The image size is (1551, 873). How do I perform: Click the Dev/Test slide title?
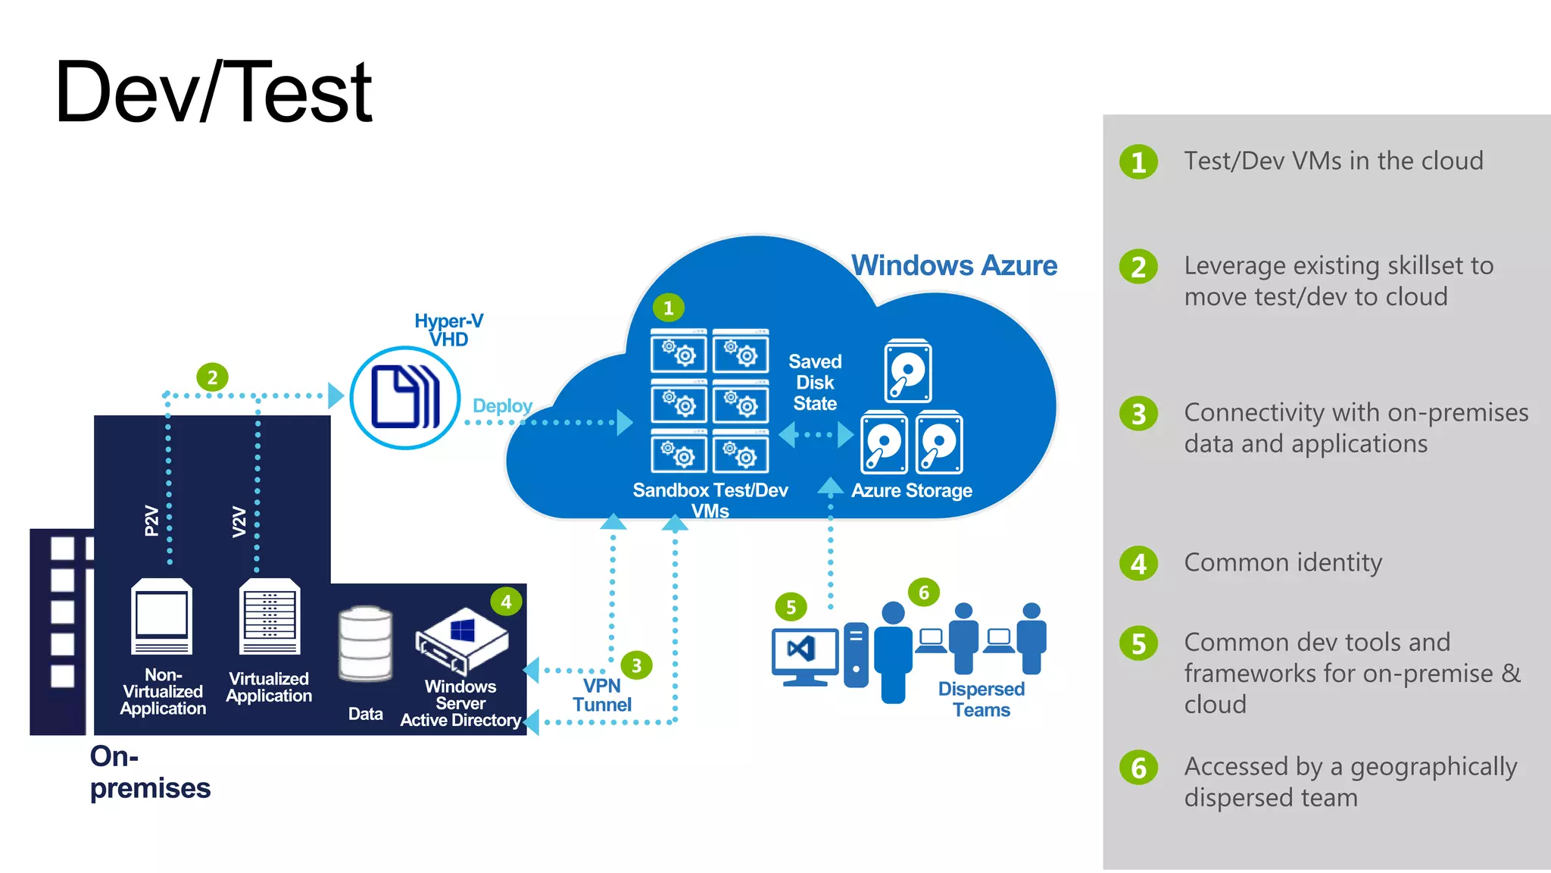click(x=213, y=92)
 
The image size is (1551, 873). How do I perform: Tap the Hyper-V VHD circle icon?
click(x=405, y=398)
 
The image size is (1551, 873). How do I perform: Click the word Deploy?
click(x=502, y=406)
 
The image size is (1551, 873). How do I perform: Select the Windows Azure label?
click(x=953, y=266)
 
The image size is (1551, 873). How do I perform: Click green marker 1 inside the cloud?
click(x=668, y=308)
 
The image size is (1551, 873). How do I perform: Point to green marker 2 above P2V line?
click(x=212, y=377)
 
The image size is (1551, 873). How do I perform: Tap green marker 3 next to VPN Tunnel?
click(x=636, y=665)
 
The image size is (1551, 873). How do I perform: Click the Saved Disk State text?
click(x=815, y=383)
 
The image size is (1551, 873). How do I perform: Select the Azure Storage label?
click(x=911, y=491)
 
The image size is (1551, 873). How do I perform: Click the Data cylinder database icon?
click(x=365, y=644)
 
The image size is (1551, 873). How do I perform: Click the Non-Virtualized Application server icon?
click(x=161, y=616)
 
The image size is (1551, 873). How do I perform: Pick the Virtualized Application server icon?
click(x=270, y=616)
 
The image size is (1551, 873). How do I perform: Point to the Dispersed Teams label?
click(x=981, y=699)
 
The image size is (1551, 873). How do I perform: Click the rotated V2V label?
click(x=239, y=521)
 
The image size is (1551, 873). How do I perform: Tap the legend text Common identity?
click(x=1283, y=563)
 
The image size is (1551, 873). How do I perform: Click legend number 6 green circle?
click(x=1138, y=768)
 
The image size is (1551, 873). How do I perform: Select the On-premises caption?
click(x=149, y=772)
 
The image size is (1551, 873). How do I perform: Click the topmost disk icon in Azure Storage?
click(x=907, y=371)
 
